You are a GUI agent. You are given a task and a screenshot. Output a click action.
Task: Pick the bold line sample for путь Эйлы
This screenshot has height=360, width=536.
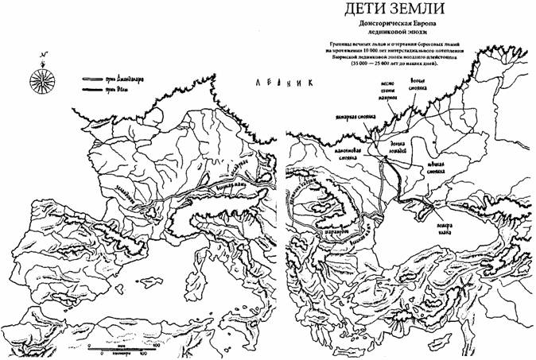(x=87, y=91)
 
